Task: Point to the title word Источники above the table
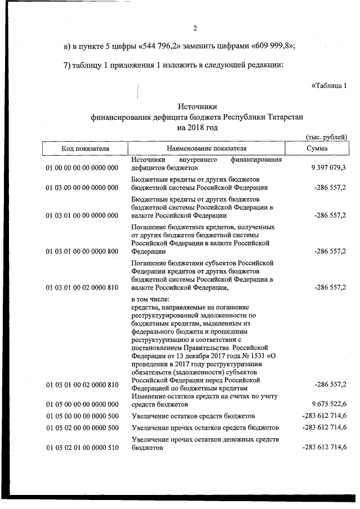pos(197,106)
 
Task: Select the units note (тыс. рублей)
pos(326,137)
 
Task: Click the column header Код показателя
pos(85,148)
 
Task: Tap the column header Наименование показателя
pos(206,148)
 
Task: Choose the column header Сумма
pos(317,148)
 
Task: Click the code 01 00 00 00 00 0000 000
pos(82,168)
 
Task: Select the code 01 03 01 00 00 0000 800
pos(82,251)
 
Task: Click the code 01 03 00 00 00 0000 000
pos(82,188)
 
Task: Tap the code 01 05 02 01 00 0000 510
pos(82,448)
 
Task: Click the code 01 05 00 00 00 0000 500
pos(82,416)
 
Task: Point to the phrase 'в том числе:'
pos(150,299)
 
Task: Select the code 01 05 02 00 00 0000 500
pos(82,427)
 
